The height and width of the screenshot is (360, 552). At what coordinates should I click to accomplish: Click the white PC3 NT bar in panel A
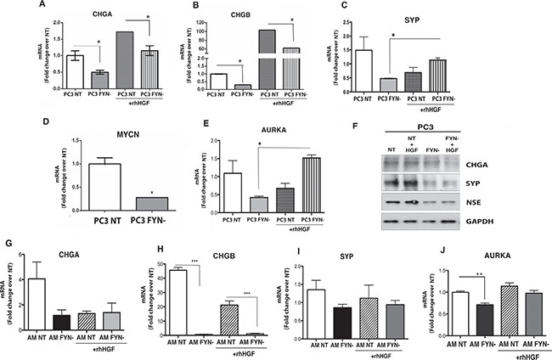click(59, 70)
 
